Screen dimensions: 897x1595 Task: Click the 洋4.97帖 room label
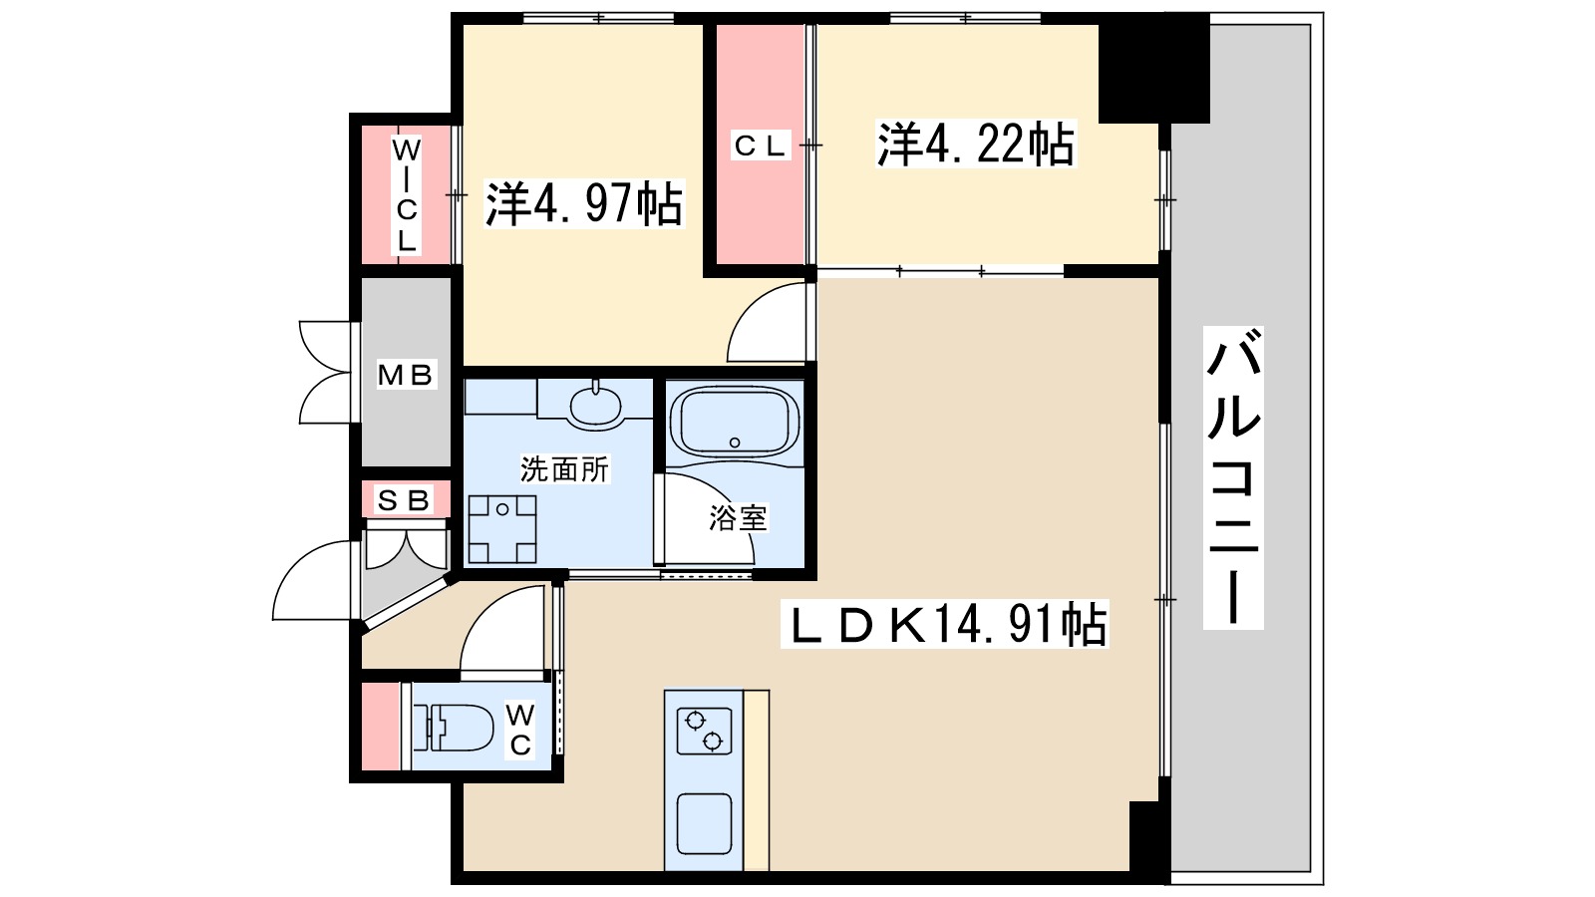pyautogui.click(x=584, y=203)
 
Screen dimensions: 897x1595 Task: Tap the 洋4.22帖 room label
pyautogui.click(x=976, y=145)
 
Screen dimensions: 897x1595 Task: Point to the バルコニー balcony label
pyautogui.click(x=1233, y=478)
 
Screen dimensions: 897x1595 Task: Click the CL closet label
pyautogui.click(x=761, y=147)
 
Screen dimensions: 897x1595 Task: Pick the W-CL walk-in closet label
pyautogui.click(x=406, y=195)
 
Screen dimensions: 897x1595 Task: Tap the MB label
pyautogui.click(x=406, y=375)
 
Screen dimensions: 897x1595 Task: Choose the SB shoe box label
pyautogui.click(x=403, y=499)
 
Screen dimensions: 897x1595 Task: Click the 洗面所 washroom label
pyautogui.click(x=564, y=468)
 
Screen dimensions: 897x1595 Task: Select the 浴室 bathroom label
pyautogui.click(x=738, y=518)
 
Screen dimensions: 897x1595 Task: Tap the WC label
pyautogui.click(x=520, y=730)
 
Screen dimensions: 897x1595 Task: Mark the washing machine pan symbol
pyautogui.click(x=502, y=529)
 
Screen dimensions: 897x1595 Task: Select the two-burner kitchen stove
pyautogui.click(x=704, y=731)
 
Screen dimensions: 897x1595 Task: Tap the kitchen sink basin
pyautogui.click(x=703, y=824)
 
